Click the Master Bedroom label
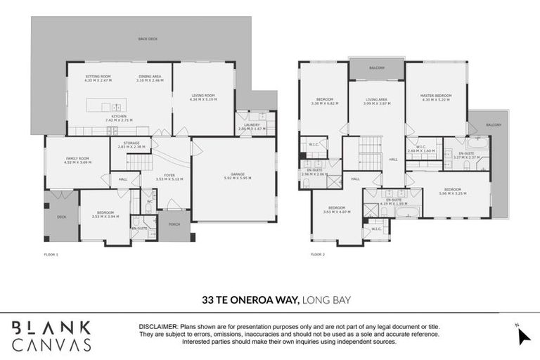tap(435, 96)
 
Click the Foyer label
tap(169, 175)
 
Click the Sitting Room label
tap(98, 76)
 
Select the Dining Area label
tap(150, 76)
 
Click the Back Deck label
tap(148, 39)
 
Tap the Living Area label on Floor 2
tap(376, 100)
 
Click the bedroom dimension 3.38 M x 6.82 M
tap(324, 103)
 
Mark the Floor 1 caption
tap(51, 254)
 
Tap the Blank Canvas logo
tap(51, 335)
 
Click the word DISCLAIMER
tap(159, 327)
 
